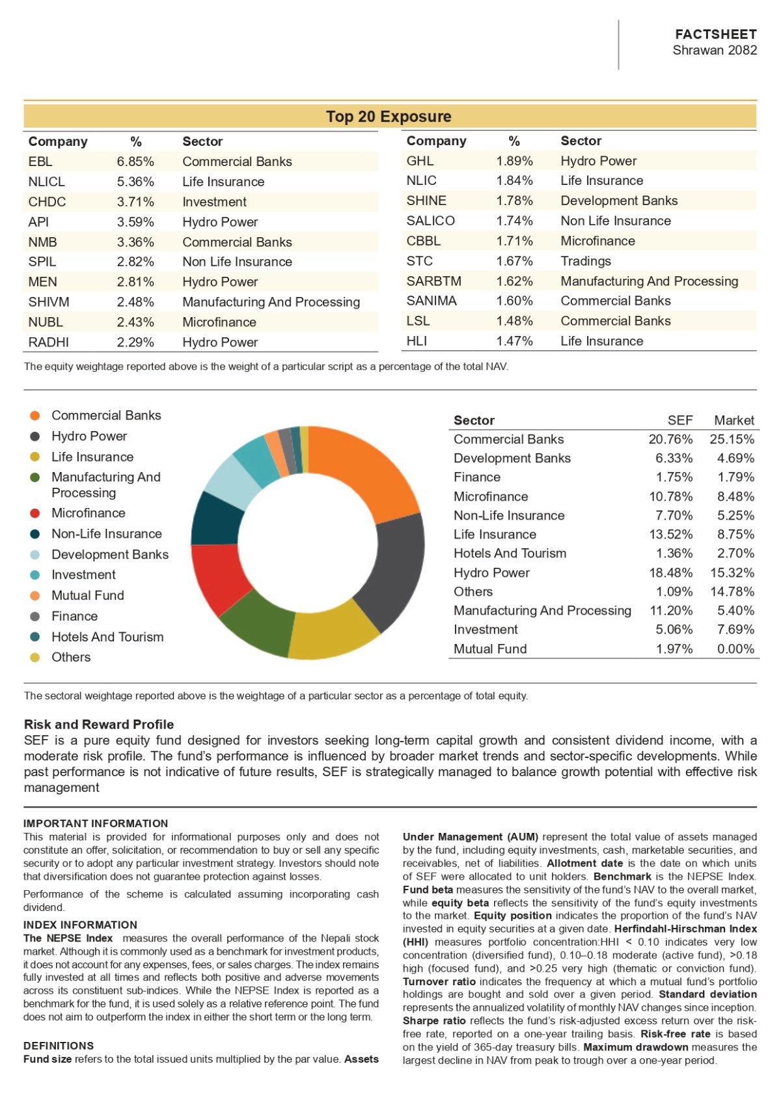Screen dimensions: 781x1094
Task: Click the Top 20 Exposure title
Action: (x=389, y=117)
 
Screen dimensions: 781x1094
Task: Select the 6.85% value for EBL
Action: (x=135, y=161)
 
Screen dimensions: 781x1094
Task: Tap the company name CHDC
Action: (x=47, y=202)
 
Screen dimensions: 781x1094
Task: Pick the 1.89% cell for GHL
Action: (x=514, y=161)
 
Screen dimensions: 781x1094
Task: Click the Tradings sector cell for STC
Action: (x=585, y=261)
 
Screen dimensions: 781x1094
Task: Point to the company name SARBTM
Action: (x=433, y=281)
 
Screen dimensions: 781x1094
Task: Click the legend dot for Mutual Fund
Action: (x=34, y=596)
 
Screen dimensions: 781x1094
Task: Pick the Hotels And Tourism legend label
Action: (x=107, y=637)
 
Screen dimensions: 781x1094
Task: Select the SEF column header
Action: (x=680, y=421)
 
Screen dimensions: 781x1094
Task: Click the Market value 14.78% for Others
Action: (x=732, y=591)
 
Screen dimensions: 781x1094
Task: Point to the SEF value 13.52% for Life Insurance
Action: (x=670, y=534)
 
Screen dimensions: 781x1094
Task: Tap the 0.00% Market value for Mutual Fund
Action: (x=735, y=649)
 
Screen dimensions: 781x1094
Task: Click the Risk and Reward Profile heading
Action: (x=99, y=724)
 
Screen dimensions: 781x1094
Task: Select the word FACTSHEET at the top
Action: (x=716, y=34)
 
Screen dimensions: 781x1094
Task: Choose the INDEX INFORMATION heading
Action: (x=80, y=925)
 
